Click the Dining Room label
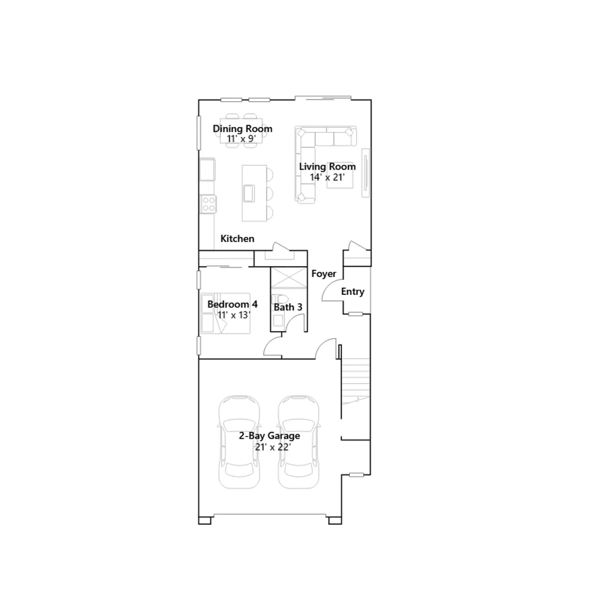(242, 129)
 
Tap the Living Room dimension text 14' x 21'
(327, 177)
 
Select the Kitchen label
(237, 239)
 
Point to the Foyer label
(324, 274)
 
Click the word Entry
(353, 292)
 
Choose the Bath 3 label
(288, 307)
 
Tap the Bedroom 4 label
(233, 304)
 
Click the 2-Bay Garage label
(269, 436)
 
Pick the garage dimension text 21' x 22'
(273, 447)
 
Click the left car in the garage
(239, 442)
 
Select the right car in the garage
(299, 442)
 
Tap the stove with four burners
(208, 204)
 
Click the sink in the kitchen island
(249, 194)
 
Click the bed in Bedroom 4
(225, 314)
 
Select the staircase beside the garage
(356, 382)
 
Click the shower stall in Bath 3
(289, 278)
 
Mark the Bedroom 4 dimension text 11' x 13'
(234, 315)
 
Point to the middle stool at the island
(270, 194)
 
